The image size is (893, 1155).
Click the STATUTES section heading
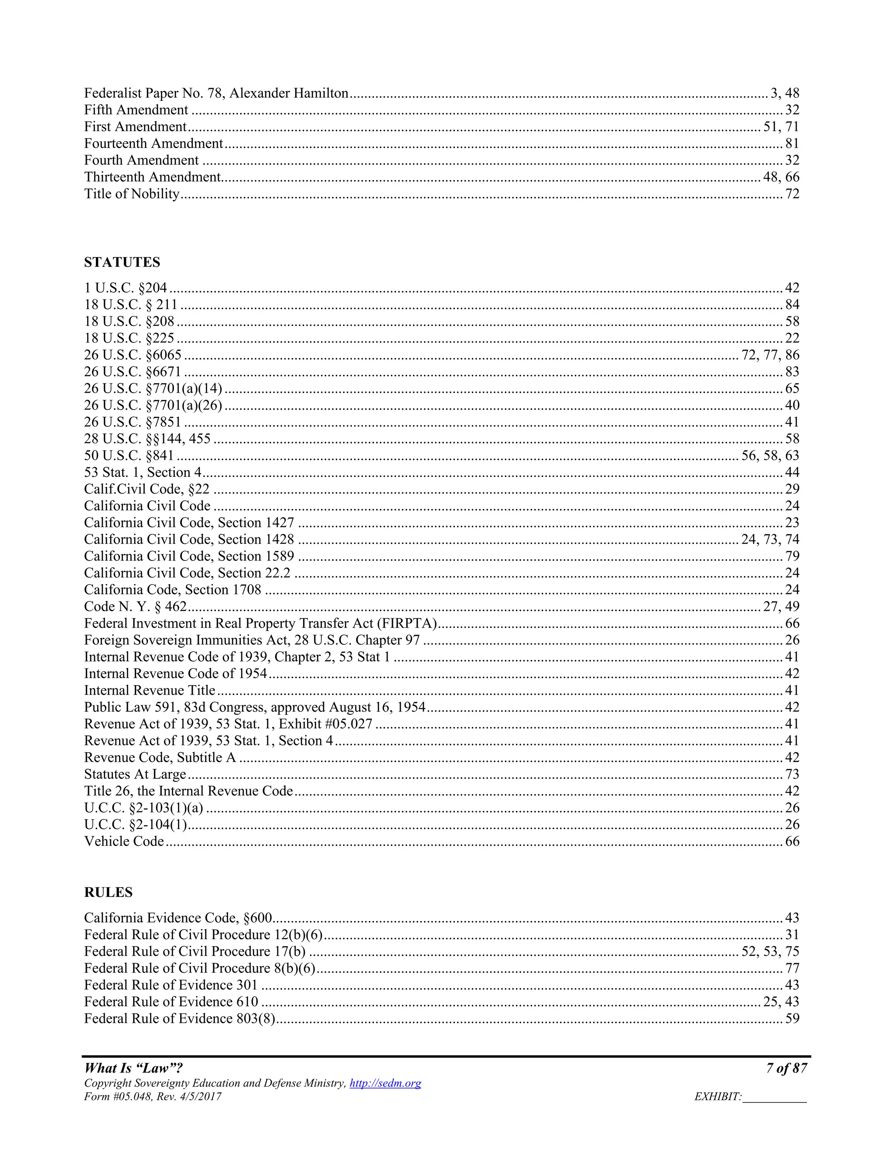pyautogui.click(x=122, y=262)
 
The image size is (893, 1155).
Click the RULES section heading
pyautogui.click(x=108, y=892)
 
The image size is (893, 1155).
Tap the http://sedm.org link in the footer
pyautogui.click(x=385, y=1083)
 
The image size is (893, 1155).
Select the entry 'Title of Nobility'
pyautogui.click(x=132, y=194)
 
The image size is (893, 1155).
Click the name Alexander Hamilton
pyautogui.click(x=289, y=94)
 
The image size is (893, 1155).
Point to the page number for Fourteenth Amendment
pyautogui.click(x=792, y=144)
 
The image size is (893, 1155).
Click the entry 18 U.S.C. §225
pyautogui.click(x=129, y=338)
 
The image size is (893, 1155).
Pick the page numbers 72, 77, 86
pyautogui.click(x=770, y=355)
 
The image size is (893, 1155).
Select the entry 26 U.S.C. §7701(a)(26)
pyautogui.click(x=153, y=405)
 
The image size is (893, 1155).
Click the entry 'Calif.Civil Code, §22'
pyautogui.click(x=147, y=489)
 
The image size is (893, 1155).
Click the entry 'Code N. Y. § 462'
pyautogui.click(x=136, y=607)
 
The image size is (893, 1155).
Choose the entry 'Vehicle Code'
pyautogui.click(x=124, y=841)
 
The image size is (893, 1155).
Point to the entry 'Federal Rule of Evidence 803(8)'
pyautogui.click(x=179, y=1019)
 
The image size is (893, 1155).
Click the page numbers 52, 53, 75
pyautogui.click(x=770, y=951)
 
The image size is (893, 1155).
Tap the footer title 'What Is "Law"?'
pyautogui.click(x=133, y=1068)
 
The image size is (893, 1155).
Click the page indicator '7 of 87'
pyautogui.click(x=786, y=1068)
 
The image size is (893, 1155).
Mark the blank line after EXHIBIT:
pyautogui.click(x=774, y=1098)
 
